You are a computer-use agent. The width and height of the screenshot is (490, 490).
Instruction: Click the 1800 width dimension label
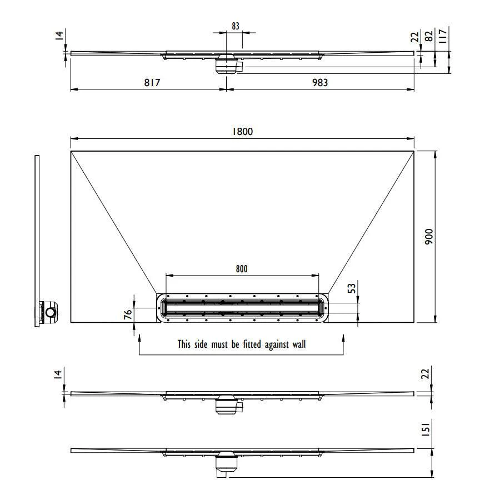[x=242, y=131]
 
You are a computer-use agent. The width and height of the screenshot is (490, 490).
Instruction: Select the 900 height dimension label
[x=429, y=237]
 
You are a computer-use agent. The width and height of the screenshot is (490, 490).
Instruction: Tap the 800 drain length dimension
[x=242, y=269]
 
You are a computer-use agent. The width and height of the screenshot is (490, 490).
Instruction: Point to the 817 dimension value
[x=152, y=82]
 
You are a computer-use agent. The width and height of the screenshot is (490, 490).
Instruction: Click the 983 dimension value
[x=320, y=82]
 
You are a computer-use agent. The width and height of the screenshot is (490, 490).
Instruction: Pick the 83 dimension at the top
[x=236, y=26]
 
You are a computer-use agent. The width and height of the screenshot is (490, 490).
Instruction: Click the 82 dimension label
[x=429, y=36]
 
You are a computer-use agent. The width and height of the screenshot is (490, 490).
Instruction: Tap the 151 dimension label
[x=426, y=428]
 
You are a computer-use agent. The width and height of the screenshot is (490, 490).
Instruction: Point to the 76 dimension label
[x=128, y=314]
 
